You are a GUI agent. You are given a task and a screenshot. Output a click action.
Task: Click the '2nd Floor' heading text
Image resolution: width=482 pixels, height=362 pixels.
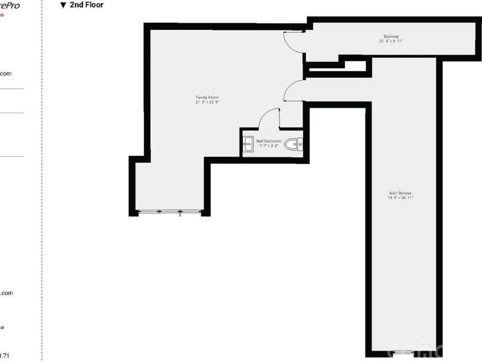[87, 5]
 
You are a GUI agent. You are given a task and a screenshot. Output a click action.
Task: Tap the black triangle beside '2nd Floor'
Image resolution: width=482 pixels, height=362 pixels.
[63, 6]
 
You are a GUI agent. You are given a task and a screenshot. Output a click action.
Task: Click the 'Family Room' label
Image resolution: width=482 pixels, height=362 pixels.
[207, 97]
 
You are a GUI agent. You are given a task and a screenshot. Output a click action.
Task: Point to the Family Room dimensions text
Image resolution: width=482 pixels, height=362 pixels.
[207, 102]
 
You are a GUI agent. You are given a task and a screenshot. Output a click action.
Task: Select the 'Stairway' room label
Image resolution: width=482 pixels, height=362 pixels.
[392, 37]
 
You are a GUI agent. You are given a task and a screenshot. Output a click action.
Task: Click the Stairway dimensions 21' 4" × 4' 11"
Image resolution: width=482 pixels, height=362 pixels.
[392, 41]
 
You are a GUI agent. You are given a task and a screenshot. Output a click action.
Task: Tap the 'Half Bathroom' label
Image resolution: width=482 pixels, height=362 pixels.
[269, 141]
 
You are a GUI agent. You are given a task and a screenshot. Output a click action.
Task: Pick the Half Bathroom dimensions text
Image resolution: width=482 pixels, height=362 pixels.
[269, 145]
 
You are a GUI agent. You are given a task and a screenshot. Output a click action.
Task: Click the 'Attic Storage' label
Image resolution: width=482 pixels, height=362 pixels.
[400, 192]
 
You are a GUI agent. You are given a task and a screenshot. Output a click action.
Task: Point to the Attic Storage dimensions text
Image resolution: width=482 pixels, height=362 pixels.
[400, 197]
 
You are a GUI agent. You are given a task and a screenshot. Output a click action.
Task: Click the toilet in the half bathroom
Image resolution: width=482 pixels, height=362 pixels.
[294, 144]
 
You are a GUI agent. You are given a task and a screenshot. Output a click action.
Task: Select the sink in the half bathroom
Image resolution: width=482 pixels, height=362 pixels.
[248, 144]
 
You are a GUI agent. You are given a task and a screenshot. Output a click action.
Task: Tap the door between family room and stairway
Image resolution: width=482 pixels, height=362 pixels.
[293, 41]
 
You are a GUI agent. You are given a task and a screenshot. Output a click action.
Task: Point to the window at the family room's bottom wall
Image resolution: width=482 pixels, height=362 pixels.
[169, 212]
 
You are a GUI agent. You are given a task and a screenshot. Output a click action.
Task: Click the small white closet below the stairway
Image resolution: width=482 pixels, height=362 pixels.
[354, 65]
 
